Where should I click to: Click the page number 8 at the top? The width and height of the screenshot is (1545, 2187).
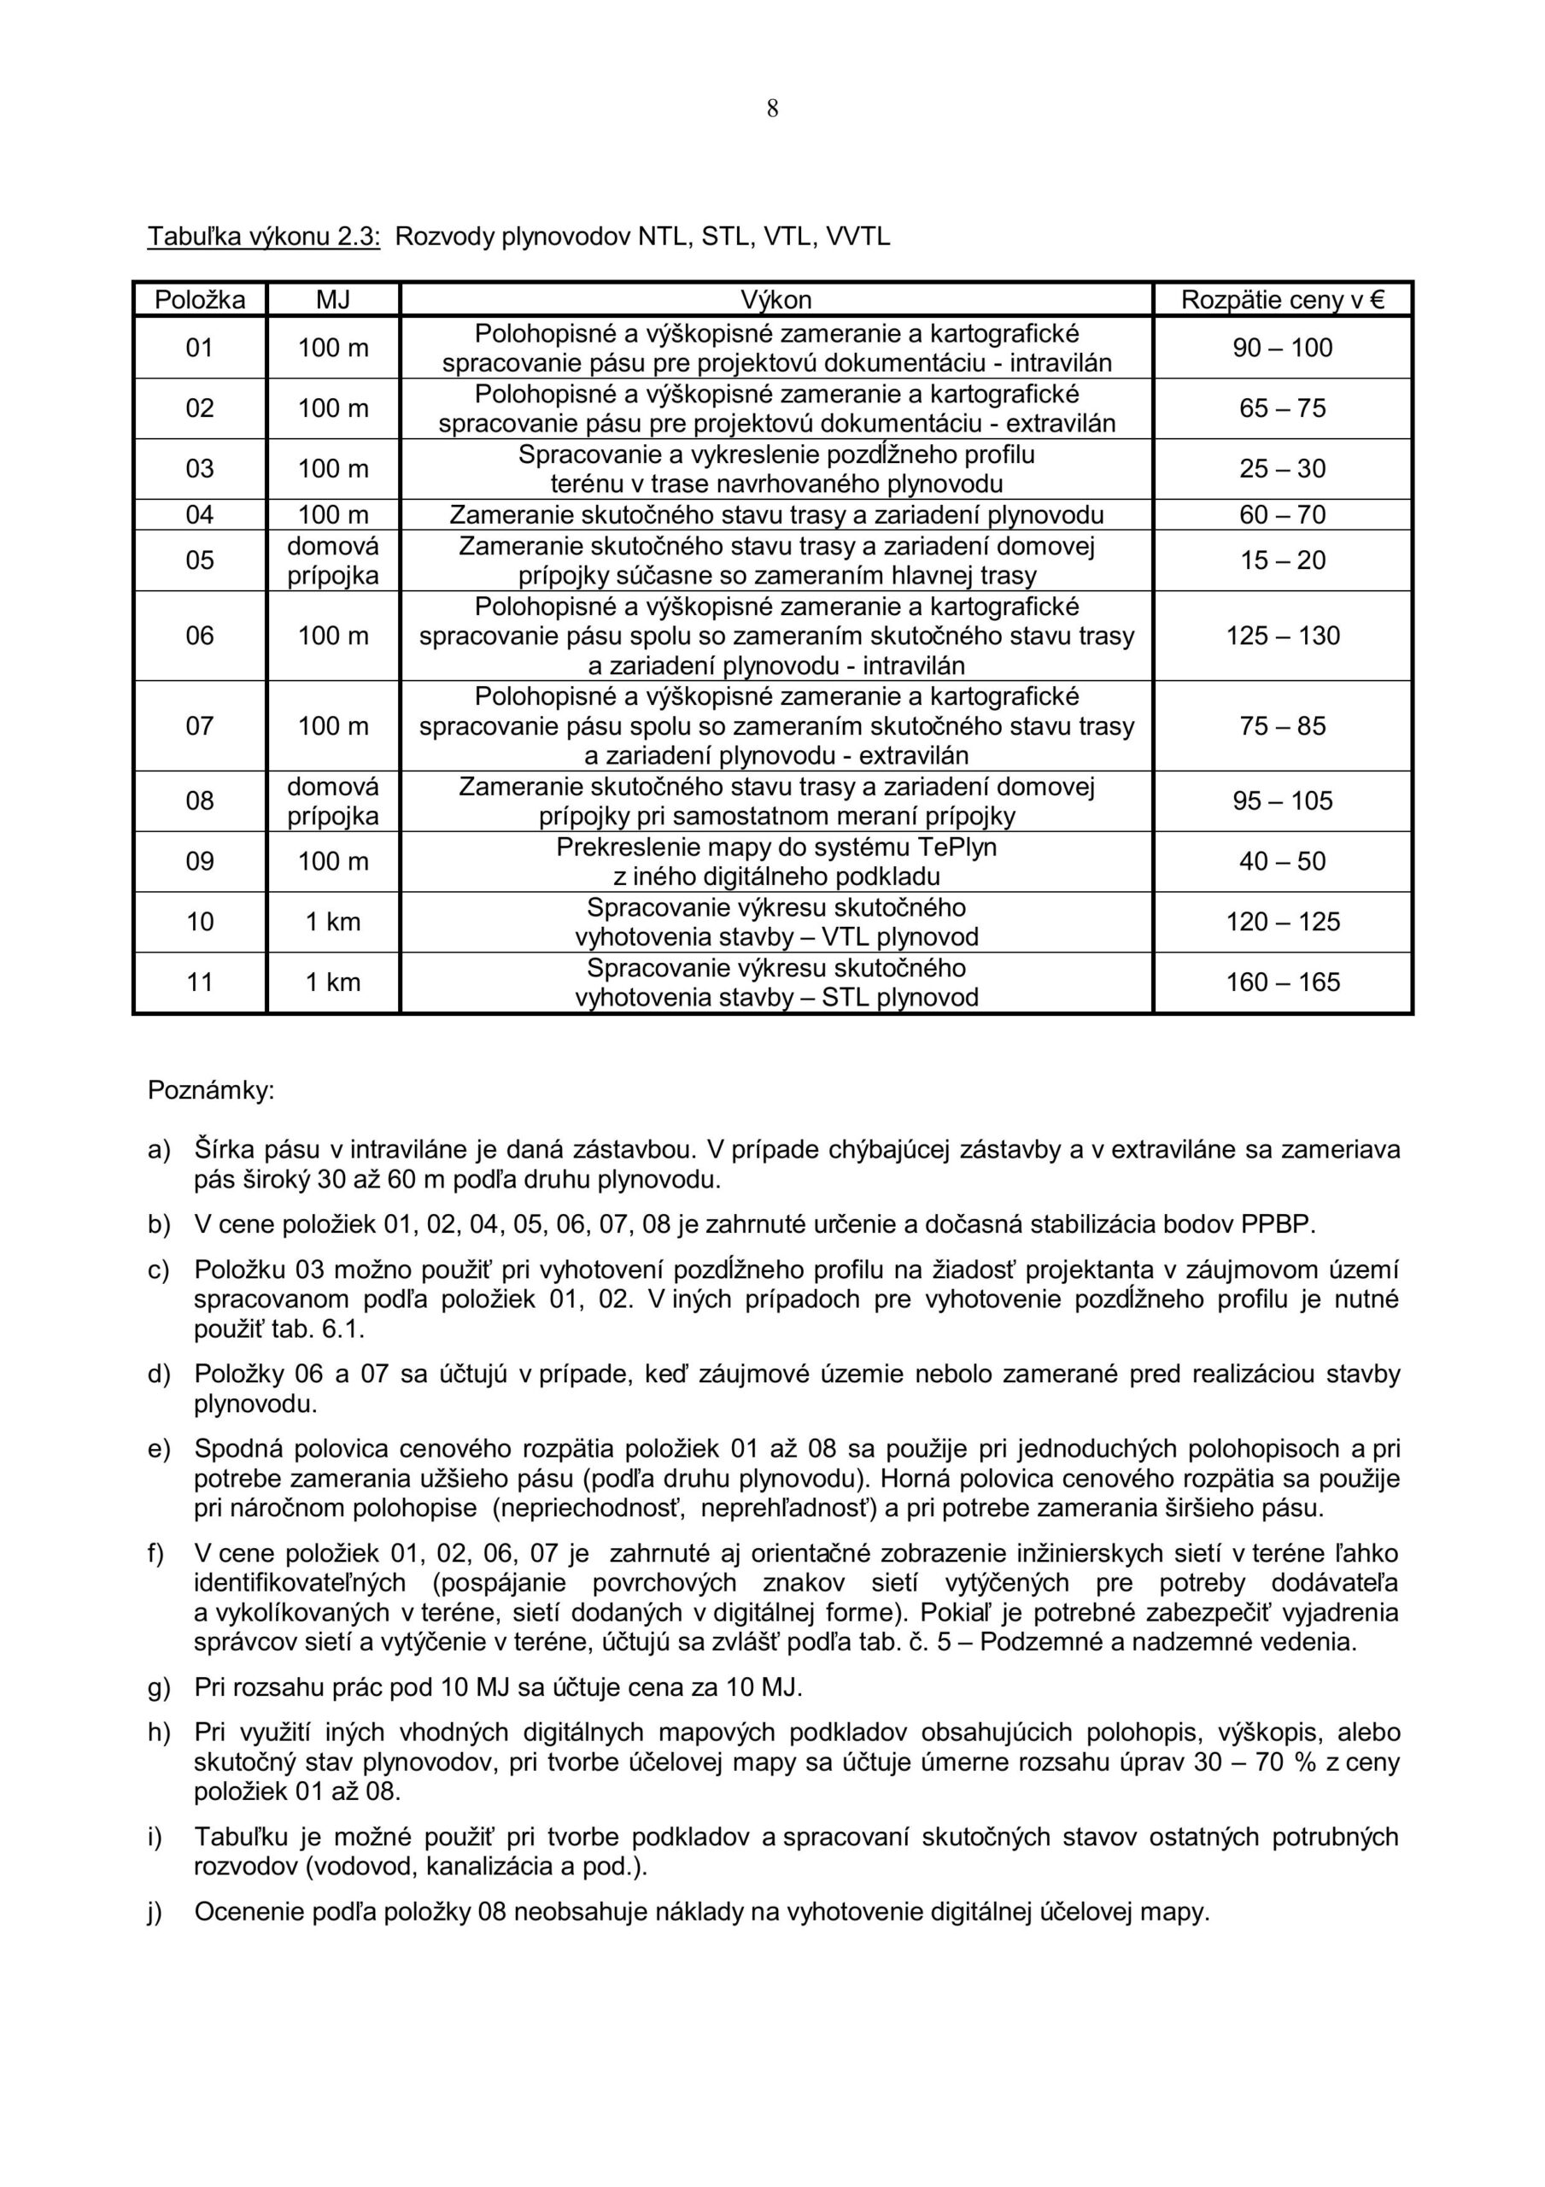click(771, 109)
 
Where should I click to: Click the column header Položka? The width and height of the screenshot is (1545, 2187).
click(200, 300)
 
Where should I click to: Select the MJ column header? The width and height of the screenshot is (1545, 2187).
click(332, 300)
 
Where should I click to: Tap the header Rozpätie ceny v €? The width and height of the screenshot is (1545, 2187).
click(1282, 300)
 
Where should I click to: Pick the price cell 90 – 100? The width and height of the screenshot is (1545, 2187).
click(1282, 348)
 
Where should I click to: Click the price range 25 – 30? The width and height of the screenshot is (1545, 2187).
click(1282, 469)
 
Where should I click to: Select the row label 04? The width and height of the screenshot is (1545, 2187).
click(200, 515)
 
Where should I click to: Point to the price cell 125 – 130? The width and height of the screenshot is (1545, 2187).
click(1282, 636)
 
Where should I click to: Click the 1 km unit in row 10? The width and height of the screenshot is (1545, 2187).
click(332, 922)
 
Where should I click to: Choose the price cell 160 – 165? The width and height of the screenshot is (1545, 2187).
click(1282, 982)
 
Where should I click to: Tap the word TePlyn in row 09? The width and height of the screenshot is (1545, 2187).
click(957, 847)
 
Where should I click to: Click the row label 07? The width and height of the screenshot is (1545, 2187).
click(200, 726)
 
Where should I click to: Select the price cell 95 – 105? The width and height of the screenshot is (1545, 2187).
click(1282, 801)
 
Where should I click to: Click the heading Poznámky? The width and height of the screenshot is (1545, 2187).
click(210, 1091)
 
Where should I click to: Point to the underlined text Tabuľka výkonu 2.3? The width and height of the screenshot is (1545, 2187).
click(264, 237)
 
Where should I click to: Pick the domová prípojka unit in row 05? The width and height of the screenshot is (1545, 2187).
click(332, 560)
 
